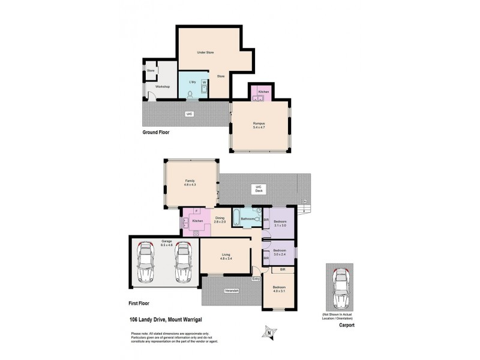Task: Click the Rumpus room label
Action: click(259, 125)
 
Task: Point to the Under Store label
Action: click(205, 53)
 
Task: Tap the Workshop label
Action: click(163, 87)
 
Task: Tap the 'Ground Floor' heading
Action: click(156, 131)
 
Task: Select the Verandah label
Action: click(232, 290)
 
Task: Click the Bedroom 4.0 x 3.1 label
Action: click(279, 289)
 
